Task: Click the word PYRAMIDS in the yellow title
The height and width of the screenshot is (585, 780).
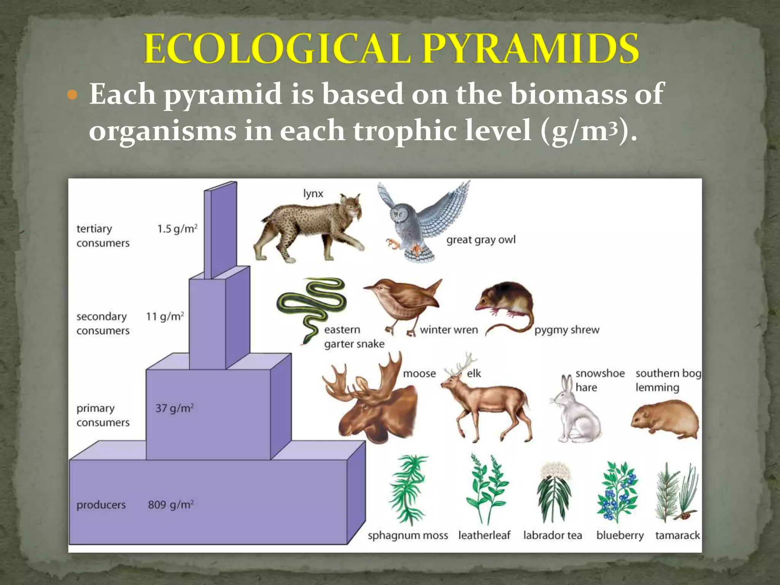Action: [530, 49]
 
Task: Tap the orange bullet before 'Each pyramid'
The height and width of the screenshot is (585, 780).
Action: [72, 94]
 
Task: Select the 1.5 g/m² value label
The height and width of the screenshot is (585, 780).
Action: [177, 229]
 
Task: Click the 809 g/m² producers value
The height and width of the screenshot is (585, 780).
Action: [171, 505]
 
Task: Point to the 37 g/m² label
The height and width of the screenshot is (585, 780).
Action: [174, 408]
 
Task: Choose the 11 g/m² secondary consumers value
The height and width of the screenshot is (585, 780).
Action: [165, 316]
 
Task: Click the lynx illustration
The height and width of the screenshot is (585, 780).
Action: [308, 229]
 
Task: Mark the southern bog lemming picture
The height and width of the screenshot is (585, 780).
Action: [665, 419]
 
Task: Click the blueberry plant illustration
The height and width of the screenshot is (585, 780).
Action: [618, 491]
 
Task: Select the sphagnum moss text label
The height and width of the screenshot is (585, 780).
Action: [408, 535]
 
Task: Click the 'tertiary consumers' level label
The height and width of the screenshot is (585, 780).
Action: [103, 236]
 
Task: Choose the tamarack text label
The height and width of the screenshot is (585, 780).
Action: [677, 535]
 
